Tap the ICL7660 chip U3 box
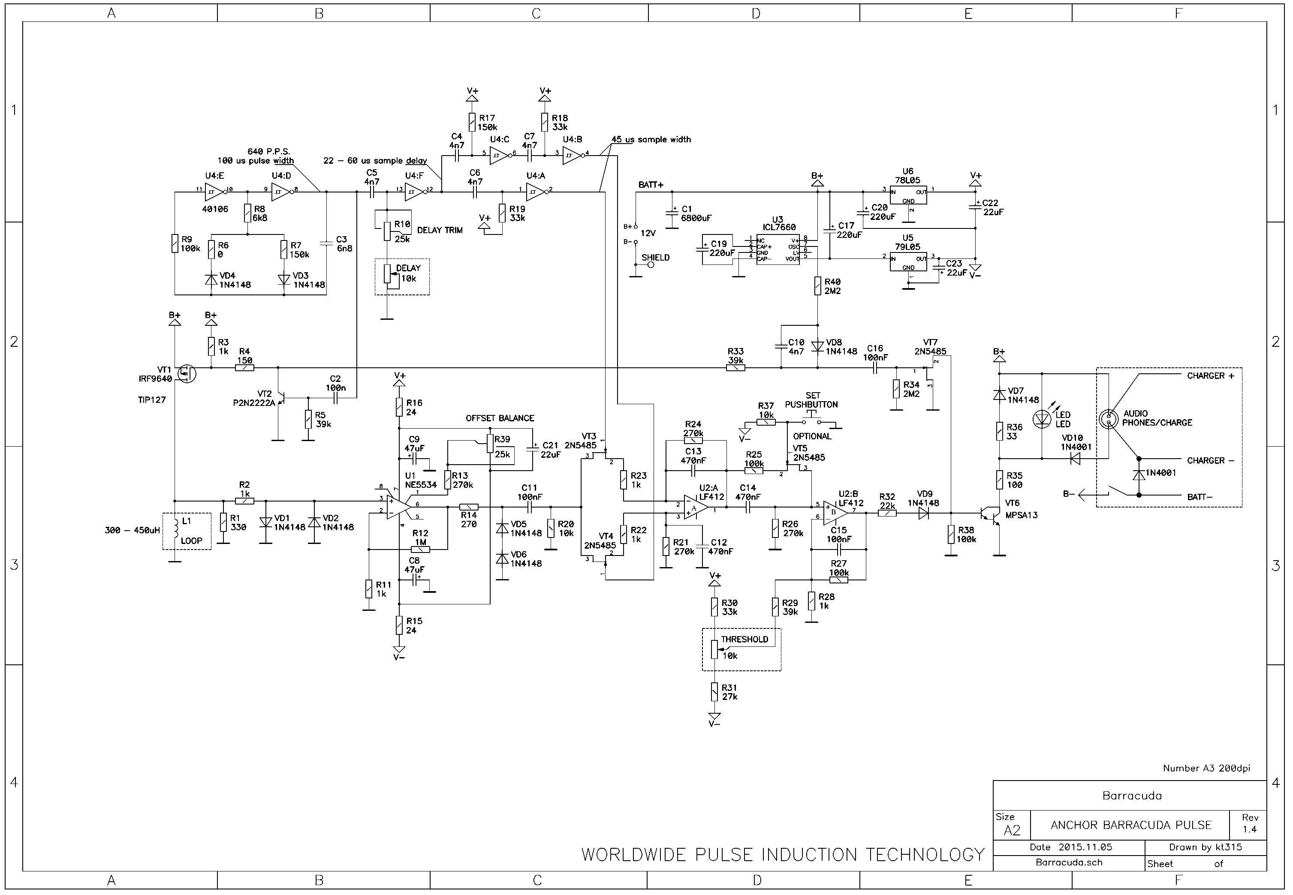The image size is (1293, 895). tap(778, 249)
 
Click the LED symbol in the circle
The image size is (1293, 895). tap(1042, 418)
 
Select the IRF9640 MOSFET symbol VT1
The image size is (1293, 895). tap(186, 373)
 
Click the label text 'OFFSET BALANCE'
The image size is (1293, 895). tap(499, 418)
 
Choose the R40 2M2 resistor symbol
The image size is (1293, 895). tap(817, 286)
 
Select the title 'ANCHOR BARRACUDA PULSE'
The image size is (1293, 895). tap(1131, 825)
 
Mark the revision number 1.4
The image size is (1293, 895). tap(1249, 829)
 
